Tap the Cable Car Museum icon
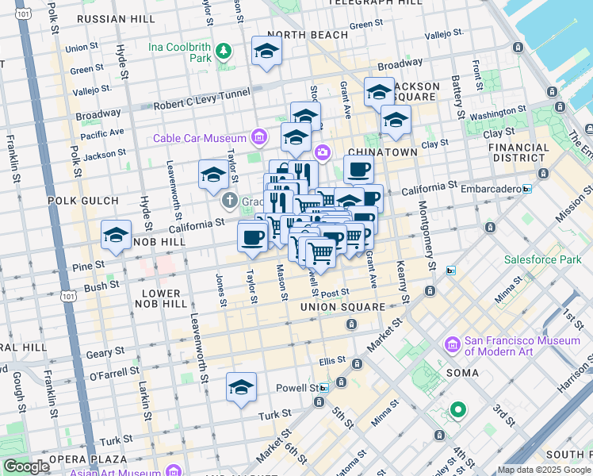258,138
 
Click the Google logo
26,466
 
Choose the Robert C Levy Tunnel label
189,104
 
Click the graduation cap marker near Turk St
241,387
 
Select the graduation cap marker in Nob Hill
116,235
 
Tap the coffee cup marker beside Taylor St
253,237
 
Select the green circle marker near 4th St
457,410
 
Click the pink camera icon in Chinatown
322,152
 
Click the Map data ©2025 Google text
544,470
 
